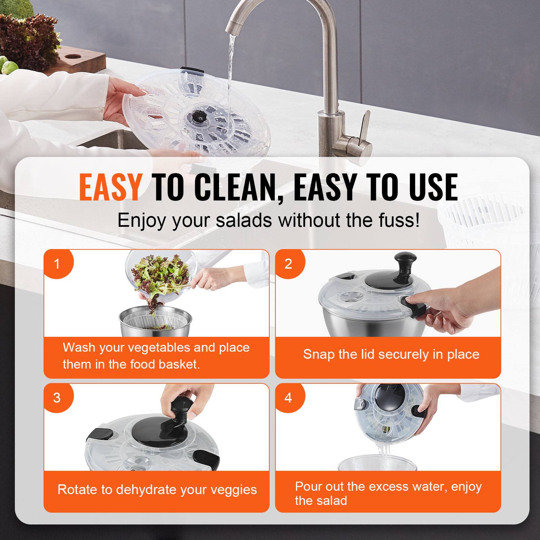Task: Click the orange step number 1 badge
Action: pos(57,264)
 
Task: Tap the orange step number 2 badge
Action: pos(288,264)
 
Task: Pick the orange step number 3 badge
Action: pos(57,398)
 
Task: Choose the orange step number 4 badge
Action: pos(288,398)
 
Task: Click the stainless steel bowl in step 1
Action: pos(155,324)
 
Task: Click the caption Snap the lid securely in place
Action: pos(391,354)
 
